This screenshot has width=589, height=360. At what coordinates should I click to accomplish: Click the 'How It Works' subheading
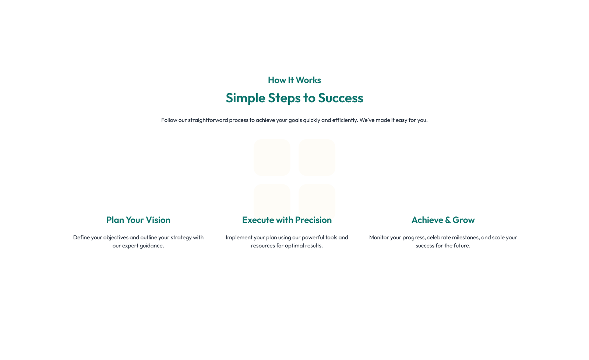(294, 80)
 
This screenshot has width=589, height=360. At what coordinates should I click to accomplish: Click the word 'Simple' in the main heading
(245, 98)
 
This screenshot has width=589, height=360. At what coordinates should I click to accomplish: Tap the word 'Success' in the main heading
(341, 98)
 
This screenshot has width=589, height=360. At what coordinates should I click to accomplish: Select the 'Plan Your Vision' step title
(138, 220)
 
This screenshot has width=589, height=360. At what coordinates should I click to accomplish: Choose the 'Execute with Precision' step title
(287, 220)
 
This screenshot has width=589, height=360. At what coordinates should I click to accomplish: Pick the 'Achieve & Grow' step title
(443, 220)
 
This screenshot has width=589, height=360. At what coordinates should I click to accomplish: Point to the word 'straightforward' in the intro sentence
(208, 120)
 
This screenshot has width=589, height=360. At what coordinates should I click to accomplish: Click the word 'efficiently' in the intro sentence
(345, 120)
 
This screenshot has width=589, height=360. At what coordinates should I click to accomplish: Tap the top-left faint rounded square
(272, 157)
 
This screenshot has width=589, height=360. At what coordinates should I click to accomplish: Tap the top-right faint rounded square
(317, 157)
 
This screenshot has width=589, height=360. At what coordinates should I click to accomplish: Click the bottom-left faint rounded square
(272, 199)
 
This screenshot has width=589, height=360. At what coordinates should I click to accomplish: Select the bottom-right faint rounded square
(317, 199)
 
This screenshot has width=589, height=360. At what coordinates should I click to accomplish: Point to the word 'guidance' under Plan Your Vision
(151, 246)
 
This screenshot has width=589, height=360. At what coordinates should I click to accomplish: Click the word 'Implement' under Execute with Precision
(239, 238)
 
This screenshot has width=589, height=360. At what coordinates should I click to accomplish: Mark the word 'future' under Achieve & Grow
(461, 246)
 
